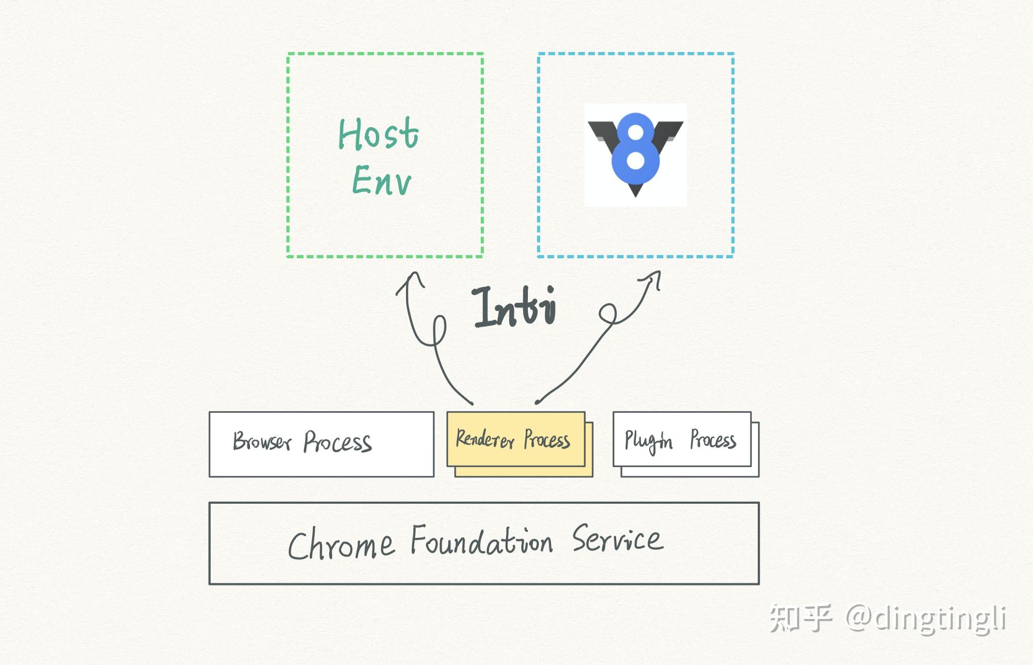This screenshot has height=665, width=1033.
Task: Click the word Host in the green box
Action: point(378,134)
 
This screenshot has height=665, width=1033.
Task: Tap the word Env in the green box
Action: point(382,181)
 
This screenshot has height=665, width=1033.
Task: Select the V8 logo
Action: point(635,154)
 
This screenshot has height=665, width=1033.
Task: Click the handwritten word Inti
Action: point(514,307)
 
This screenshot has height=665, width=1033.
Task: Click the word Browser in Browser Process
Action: point(262,442)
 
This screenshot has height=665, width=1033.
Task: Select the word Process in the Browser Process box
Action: point(337,442)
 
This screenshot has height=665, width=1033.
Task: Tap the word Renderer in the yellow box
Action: point(484,439)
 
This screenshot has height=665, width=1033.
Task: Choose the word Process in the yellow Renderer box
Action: point(547,440)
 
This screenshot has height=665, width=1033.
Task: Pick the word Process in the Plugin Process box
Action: point(713,440)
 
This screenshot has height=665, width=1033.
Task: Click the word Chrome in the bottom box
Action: point(341,545)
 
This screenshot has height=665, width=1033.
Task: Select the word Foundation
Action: point(481,541)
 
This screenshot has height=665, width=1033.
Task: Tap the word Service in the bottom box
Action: point(617,539)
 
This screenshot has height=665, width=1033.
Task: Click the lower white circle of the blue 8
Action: point(635,160)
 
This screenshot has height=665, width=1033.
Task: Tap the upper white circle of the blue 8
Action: point(636,133)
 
